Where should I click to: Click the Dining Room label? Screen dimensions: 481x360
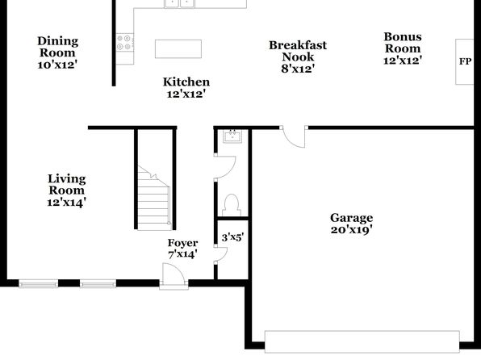(x=57, y=52)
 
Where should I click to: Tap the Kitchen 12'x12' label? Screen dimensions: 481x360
(x=186, y=88)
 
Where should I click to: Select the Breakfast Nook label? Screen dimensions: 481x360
(x=298, y=57)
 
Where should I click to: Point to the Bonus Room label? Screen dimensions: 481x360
(x=403, y=48)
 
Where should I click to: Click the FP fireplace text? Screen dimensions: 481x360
(x=465, y=61)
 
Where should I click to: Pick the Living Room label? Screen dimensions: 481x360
(x=66, y=190)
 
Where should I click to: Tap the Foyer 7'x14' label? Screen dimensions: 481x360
(x=182, y=249)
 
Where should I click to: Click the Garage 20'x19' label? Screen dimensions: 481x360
(x=352, y=224)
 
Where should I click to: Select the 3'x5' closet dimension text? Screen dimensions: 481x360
(x=232, y=237)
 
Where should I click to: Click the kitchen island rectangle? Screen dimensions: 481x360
(x=178, y=48)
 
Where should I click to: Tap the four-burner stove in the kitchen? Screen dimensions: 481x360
(x=125, y=42)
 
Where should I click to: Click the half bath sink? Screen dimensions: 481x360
(x=232, y=136)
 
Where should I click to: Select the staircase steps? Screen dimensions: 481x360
(x=153, y=198)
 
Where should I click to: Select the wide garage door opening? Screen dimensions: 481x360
(x=362, y=341)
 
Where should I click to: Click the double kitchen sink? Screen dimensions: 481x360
(x=179, y=3)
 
